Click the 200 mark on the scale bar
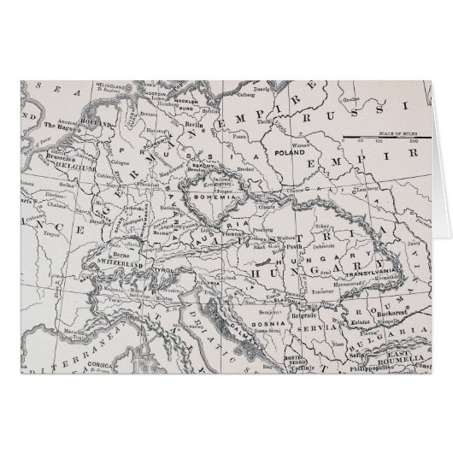click(x=415, y=142)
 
